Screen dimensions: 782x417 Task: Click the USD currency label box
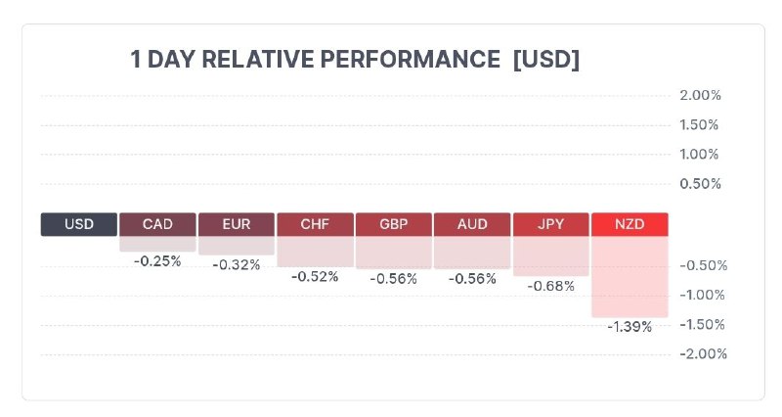pyautogui.click(x=79, y=224)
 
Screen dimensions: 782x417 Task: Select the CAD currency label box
pyautogui.click(x=157, y=224)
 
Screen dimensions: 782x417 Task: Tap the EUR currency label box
pyautogui.click(x=237, y=224)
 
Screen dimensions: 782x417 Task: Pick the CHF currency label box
pyautogui.click(x=315, y=224)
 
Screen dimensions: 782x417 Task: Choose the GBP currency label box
pyautogui.click(x=394, y=224)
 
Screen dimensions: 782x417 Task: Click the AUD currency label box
pyautogui.click(x=472, y=224)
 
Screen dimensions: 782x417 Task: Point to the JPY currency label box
pyautogui.click(x=551, y=224)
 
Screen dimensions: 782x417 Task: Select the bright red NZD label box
pyautogui.click(x=630, y=224)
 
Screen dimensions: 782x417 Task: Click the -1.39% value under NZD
pyautogui.click(x=630, y=327)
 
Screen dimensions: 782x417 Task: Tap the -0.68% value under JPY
pyautogui.click(x=551, y=286)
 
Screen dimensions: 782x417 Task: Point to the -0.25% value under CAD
pyautogui.click(x=157, y=261)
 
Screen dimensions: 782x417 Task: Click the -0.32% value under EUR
pyautogui.click(x=237, y=264)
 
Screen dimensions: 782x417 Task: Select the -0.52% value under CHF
pyautogui.click(x=315, y=277)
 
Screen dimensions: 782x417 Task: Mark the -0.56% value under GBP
pyautogui.click(x=394, y=279)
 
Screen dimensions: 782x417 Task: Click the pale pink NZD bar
pyautogui.click(x=630, y=277)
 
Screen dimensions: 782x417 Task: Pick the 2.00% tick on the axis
pyautogui.click(x=700, y=95)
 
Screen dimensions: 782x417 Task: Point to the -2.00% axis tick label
pyautogui.click(x=703, y=354)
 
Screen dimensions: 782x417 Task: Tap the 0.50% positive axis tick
pyautogui.click(x=700, y=184)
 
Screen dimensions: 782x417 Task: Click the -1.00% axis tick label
pyautogui.click(x=702, y=296)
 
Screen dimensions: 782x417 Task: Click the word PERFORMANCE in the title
pyautogui.click(x=410, y=59)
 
